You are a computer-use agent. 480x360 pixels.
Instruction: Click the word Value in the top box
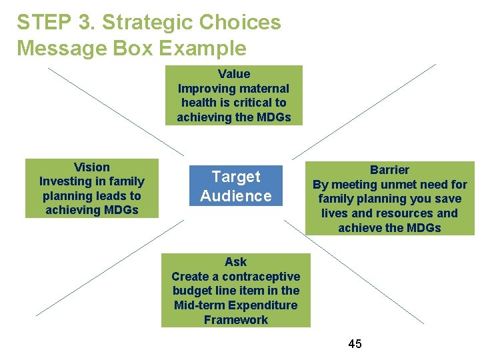(234, 74)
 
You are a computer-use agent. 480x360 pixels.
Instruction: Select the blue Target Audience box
(236, 186)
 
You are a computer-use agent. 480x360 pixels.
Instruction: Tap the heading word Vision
(92, 167)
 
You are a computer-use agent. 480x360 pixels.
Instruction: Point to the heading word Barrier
(389, 170)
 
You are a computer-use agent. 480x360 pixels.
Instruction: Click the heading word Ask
(235, 262)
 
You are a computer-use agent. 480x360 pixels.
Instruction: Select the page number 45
(355, 343)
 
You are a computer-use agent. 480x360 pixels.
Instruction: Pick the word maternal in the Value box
(263, 89)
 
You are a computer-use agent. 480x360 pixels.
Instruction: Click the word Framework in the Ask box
(236, 320)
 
